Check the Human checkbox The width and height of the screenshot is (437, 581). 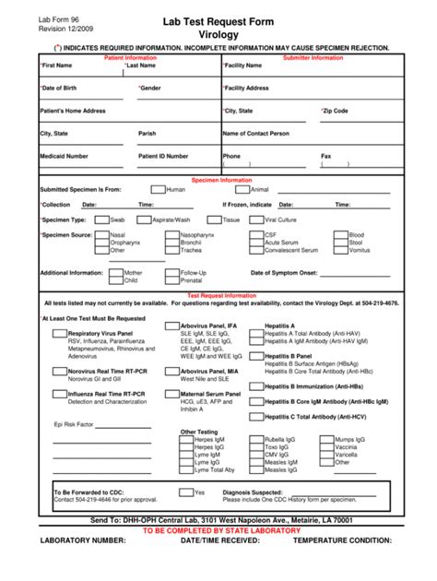click(159, 189)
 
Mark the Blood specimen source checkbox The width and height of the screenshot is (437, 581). click(340, 235)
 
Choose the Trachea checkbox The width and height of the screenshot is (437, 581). click(172, 250)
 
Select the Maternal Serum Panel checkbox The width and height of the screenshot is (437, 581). click(172, 394)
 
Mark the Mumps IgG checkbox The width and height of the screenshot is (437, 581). click(327, 440)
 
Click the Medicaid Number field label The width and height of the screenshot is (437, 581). click(64, 157)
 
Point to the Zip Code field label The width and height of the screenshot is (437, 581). click(335, 111)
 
